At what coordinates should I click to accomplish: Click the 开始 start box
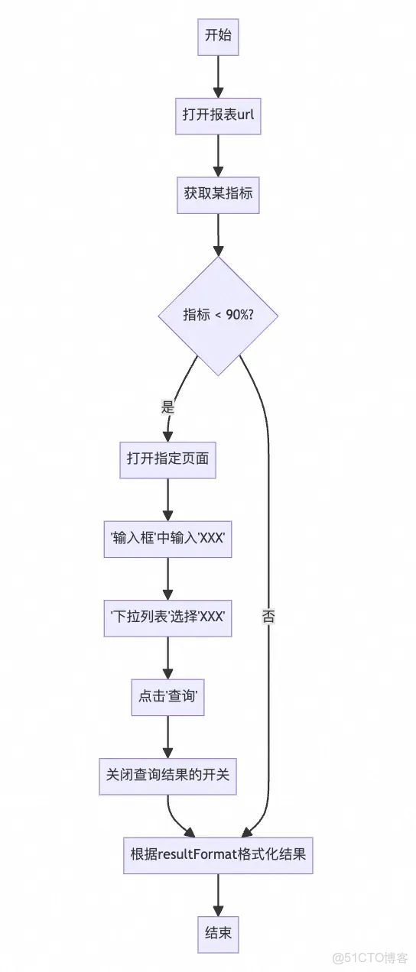218,36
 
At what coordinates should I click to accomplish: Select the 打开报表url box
218,115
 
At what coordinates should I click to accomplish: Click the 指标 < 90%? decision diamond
218,316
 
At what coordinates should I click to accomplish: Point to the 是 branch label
167,407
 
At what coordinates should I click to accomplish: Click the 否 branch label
268,617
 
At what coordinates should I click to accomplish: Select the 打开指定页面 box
167,459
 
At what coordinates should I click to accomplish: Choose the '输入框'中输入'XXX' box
167,539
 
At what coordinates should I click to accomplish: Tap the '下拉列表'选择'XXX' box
167,617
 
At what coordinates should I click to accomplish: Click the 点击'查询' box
167,696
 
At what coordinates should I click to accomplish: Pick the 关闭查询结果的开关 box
167,775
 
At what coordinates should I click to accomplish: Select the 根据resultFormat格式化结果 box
218,855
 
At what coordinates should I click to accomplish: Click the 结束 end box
218,933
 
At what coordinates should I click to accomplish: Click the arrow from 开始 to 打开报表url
218,75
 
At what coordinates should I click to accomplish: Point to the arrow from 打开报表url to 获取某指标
218,154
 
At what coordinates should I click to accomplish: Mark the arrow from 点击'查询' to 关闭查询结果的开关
167,735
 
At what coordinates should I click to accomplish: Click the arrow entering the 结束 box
218,893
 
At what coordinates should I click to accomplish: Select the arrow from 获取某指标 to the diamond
218,234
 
